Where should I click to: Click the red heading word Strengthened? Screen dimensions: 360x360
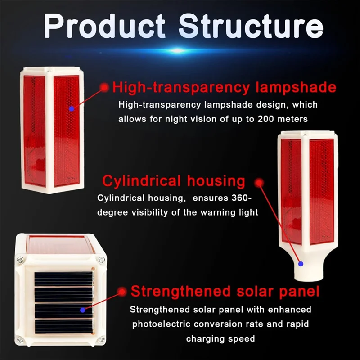pos(180,291)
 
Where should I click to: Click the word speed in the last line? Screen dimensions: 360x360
pos(243,338)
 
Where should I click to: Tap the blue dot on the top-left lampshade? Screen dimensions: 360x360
pos(71,109)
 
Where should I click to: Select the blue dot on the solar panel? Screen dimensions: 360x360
pos(82,310)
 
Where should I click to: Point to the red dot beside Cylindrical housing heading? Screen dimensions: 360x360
pos(259,182)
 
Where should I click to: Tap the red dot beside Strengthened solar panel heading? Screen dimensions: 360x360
pos(121,292)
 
